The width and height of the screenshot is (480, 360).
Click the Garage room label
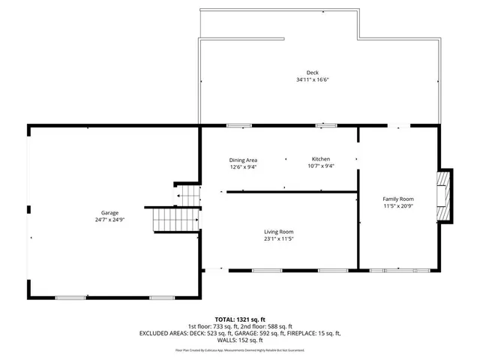coord(110,212)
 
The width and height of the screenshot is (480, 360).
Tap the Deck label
coord(301,73)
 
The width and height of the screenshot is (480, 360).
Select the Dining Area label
coord(243,160)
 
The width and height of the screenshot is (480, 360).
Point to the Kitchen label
coord(321,159)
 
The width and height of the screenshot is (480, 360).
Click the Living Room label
coord(277,232)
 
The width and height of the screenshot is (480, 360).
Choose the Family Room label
coord(398,198)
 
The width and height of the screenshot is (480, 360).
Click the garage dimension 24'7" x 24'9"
coord(110,220)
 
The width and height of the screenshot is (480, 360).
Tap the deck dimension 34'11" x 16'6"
coord(301,79)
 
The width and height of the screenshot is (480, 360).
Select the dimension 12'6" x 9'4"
coord(243,166)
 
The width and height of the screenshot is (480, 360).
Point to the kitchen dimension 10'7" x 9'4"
coord(321,166)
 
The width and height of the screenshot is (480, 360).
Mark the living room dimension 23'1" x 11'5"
coord(277,238)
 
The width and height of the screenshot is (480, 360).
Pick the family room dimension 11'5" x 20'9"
coord(398,205)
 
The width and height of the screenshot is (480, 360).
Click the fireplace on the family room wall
coord(445,196)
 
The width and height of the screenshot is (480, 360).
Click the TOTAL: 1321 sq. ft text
coord(240,318)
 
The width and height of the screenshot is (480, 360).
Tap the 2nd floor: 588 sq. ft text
coord(269,325)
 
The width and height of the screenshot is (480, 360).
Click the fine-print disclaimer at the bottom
coord(240,349)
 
